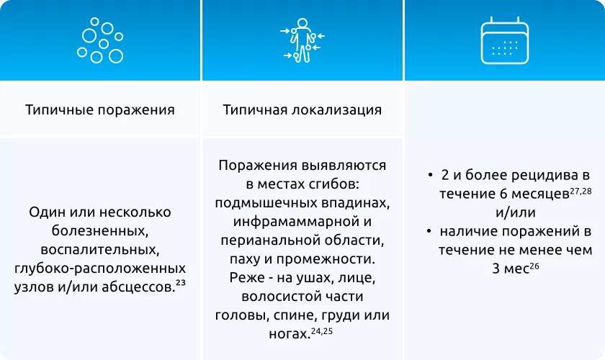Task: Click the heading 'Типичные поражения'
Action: tap(100, 110)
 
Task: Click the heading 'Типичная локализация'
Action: tap(302, 110)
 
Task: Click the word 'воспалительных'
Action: tap(100, 249)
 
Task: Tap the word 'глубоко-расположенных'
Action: tap(100, 268)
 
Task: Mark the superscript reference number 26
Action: tap(534, 265)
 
